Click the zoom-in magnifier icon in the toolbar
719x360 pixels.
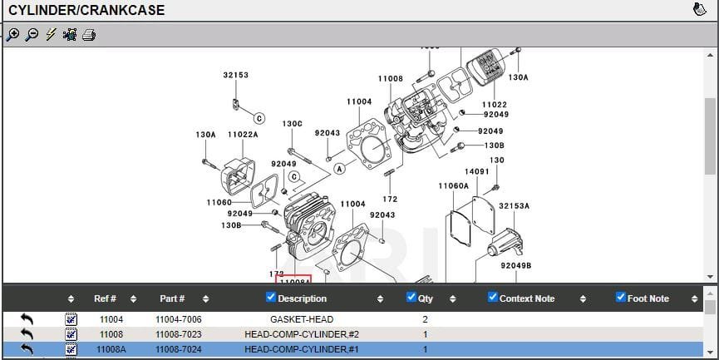[12, 35]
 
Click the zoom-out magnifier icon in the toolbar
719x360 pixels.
[32, 35]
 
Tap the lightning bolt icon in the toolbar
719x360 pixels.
[51, 35]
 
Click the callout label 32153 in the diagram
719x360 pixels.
[235, 75]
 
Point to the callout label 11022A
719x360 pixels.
[243, 135]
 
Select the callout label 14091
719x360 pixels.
[476, 172]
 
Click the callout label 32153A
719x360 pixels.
[514, 206]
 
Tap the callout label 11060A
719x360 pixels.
[453, 186]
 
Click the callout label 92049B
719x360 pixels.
[515, 266]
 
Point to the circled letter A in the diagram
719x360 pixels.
[339, 169]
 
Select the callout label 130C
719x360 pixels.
[292, 124]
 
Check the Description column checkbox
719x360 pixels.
[270, 298]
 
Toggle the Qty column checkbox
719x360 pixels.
[411, 298]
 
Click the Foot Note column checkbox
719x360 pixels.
[620, 298]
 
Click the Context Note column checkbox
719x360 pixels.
[492, 298]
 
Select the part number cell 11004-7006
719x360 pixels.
[178, 319]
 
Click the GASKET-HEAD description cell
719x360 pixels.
[302, 319]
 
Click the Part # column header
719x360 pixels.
[172, 298]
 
